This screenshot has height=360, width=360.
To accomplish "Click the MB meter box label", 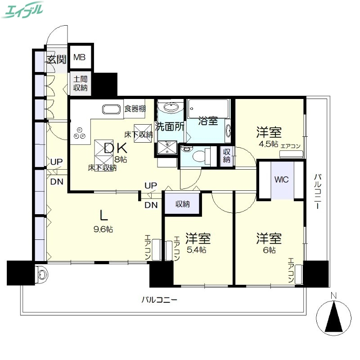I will (80, 57).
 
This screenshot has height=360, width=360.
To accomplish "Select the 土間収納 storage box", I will (81, 83).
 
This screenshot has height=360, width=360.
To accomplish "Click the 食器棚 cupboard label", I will (135, 108).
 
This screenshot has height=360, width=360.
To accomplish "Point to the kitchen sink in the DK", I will (111, 109).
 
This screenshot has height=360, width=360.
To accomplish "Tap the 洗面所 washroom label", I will (170, 126).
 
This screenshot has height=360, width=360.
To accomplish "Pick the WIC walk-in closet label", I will (282, 178).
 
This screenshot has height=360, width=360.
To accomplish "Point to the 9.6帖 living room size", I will (103, 229).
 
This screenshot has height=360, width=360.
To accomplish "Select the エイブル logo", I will (22, 9).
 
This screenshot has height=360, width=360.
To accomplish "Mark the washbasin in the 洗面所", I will (170, 107).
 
